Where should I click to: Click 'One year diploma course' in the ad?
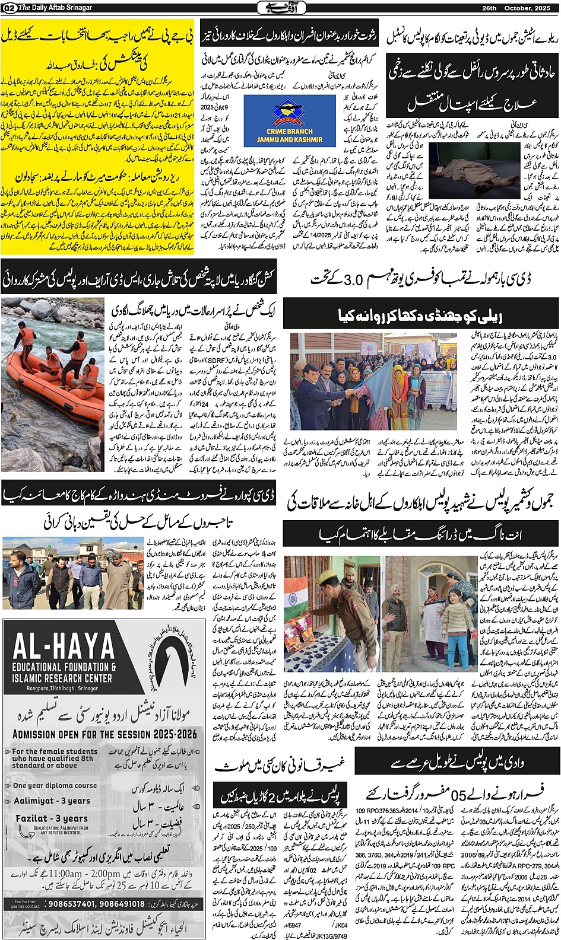(55, 786)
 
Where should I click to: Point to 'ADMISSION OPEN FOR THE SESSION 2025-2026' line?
(104, 734)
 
